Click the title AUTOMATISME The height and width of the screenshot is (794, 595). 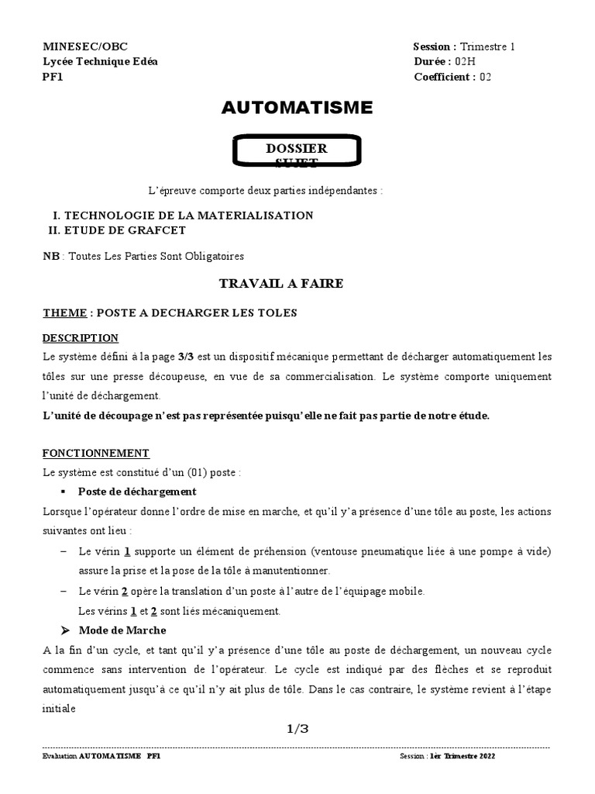coord(297,108)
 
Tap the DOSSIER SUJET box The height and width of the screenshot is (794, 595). coord(297,152)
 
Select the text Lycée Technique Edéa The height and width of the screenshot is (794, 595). coord(99,62)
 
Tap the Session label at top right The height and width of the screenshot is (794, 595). coord(435,47)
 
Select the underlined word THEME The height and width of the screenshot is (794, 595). coord(64,313)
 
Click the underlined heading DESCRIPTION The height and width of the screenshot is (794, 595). coord(81,338)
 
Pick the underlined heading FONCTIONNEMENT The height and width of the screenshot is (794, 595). coord(96,453)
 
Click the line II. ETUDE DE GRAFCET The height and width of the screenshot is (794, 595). coord(117,230)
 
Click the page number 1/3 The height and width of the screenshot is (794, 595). coord(297,728)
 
